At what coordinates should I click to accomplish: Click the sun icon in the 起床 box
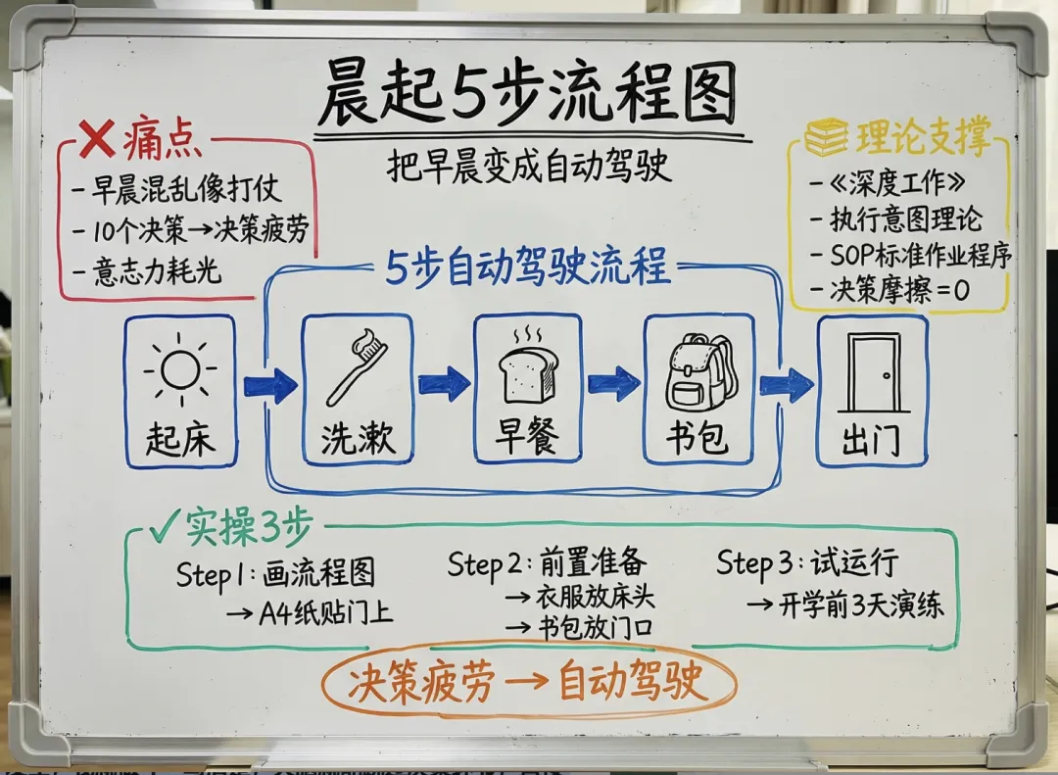point(180,371)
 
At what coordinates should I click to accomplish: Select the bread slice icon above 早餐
point(528,371)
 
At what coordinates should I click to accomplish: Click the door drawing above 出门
point(873,373)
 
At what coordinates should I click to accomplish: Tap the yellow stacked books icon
point(827,137)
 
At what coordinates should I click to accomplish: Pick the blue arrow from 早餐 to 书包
point(614,383)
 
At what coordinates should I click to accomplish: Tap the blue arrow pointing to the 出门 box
point(786,385)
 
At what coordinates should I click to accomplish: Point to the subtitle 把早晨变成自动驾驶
point(529,166)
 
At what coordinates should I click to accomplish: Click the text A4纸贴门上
point(311,613)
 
